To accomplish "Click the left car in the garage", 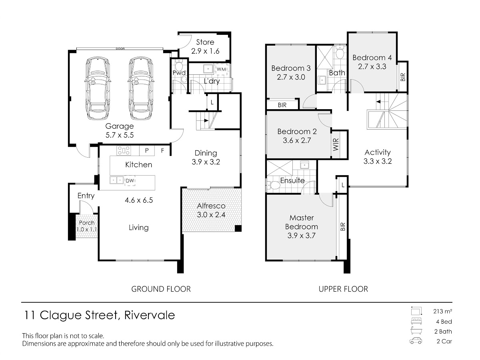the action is pos(97,88).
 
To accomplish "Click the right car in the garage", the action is pos(141,88).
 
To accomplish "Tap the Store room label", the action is pos(205,42).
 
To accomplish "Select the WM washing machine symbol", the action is pos(222,69).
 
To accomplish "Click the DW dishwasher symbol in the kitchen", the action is pos(130,181).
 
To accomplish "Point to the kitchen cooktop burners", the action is pos(124,151).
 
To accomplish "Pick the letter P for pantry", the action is pos(147,150).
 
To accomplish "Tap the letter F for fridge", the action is pos(162,150).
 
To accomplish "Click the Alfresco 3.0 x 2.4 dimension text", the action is pos(211,215).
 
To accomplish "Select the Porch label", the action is pos(86,223).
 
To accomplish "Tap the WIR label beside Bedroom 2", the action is pos(336,144).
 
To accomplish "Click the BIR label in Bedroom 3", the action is pos(282,105).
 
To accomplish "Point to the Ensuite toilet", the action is pos(274,186).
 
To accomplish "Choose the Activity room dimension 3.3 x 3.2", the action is pos(378,161).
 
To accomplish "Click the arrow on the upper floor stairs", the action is pos(378,102).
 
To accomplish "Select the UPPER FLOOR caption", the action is pos(343,289).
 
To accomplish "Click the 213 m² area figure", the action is pos(442,311).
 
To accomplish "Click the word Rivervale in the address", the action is pos(150,315).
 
